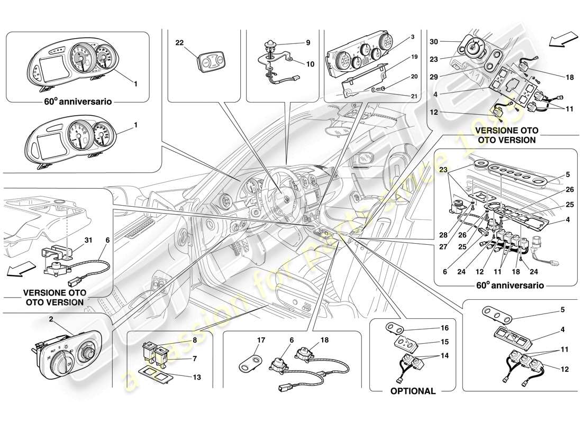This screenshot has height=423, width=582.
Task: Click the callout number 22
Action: click(x=180, y=42)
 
